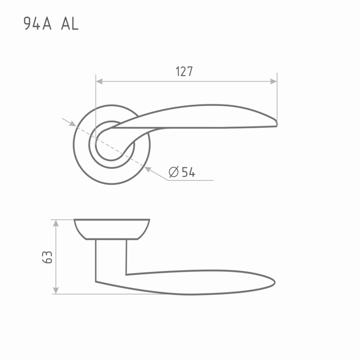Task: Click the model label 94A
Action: pos(37,23)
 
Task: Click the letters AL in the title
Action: pos(70,24)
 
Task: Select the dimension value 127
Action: pos(184,72)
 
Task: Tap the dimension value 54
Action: pos(189,172)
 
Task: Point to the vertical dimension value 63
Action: pos(47,257)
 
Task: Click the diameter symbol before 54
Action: pos(174,172)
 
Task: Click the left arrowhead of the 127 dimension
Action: pos(99,81)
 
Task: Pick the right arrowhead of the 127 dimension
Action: pos(274,81)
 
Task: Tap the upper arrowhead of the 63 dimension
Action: pos(56,223)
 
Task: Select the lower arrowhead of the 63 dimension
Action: pos(56,290)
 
